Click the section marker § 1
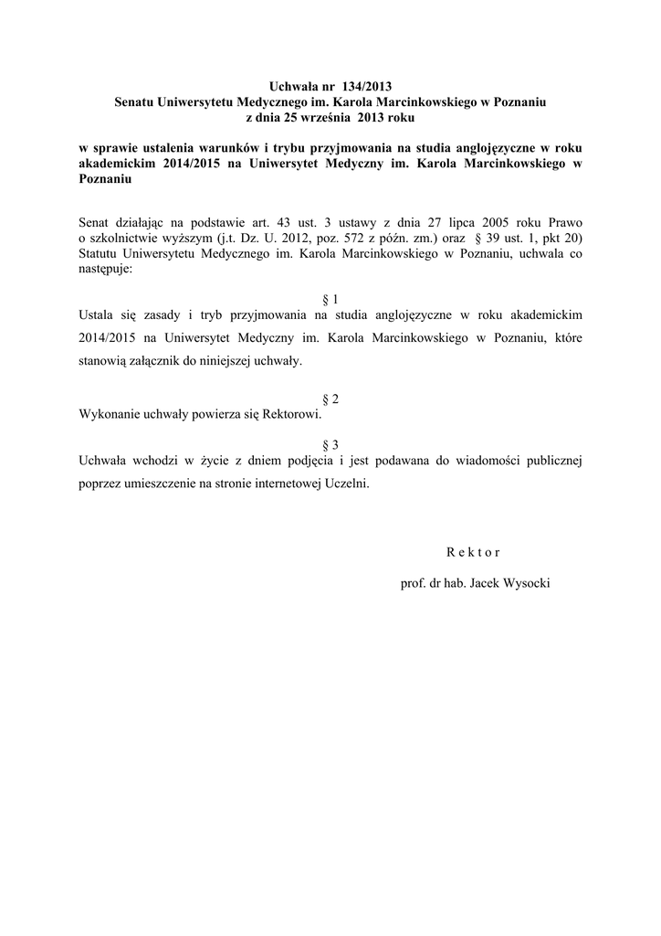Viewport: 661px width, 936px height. point(330,299)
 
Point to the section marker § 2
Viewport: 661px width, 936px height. point(330,399)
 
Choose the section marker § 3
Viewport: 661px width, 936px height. point(330,445)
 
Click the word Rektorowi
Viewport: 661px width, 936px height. point(291,415)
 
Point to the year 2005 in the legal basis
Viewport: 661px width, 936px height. point(479,222)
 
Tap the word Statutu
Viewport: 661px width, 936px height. point(102,254)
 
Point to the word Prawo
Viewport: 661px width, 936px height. point(563,222)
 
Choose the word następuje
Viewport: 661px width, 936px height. point(106,270)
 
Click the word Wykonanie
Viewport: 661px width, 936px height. point(109,415)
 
